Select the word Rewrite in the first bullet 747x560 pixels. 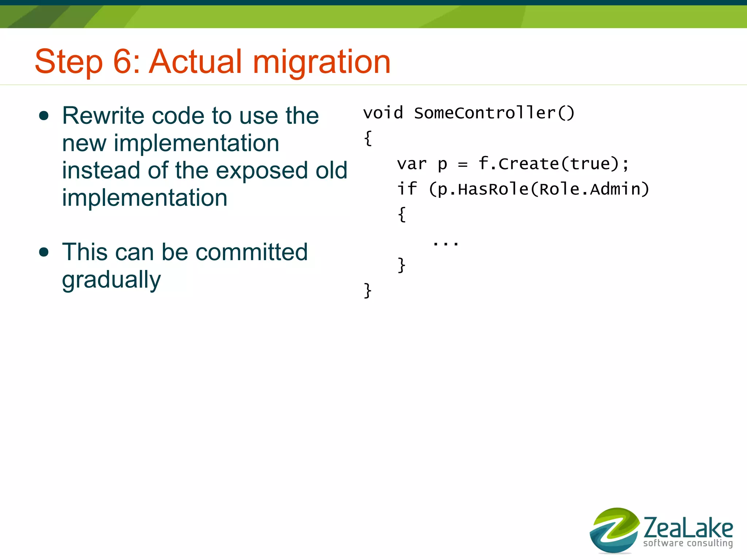coord(103,116)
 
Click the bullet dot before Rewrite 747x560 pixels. coord(44,116)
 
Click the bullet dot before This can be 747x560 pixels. coord(44,252)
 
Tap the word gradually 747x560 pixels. coord(111,280)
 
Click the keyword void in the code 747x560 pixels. coord(383,113)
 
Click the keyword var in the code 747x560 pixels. coord(411,164)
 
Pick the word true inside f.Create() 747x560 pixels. coord(589,164)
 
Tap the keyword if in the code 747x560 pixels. coord(406,189)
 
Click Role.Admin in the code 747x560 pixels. coord(589,189)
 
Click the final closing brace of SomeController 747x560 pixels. coord(368,291)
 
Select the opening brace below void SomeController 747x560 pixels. coord(368,138)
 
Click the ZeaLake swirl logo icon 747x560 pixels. coord(614,530)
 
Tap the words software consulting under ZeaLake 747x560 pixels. coord(688,543)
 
